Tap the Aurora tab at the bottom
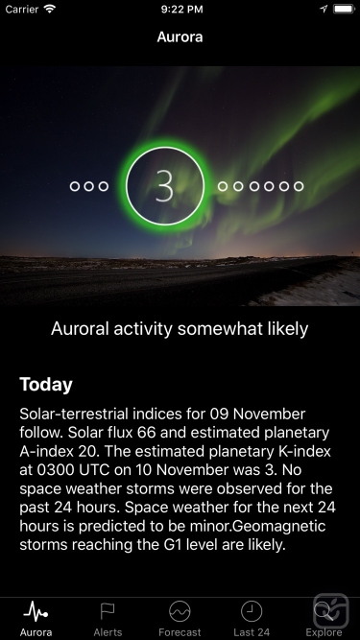[36, 618]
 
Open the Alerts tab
[108, 618]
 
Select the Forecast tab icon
[180, 618]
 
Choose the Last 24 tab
[252, 618]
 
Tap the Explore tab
[324, 618]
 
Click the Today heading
[46, 385]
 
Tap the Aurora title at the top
[180, 38]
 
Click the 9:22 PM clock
[180, 9]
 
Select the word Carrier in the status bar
[24, 9]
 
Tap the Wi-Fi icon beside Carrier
[50, 9]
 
